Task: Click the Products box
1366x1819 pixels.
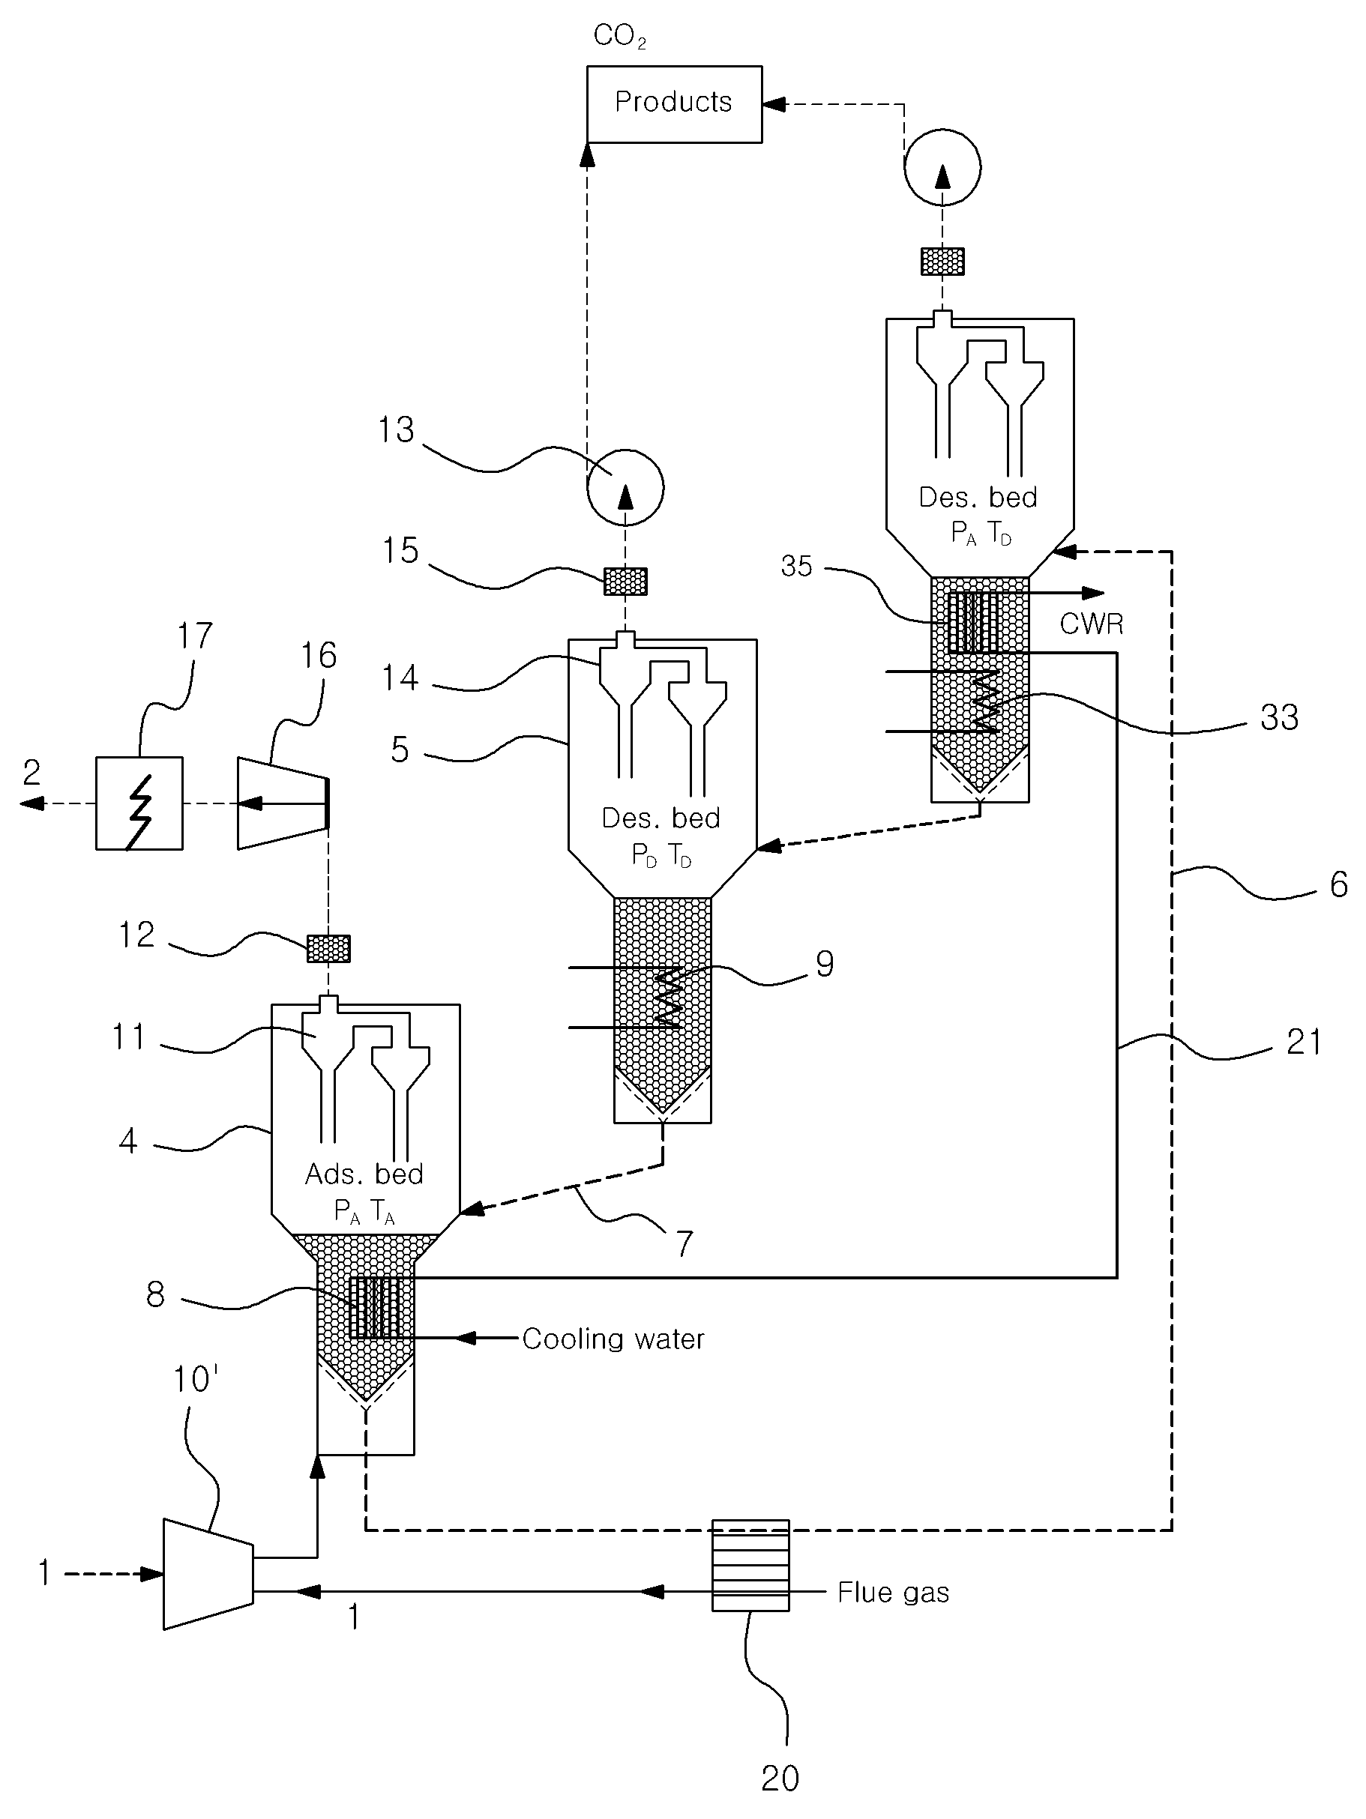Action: click(x=674, y=104)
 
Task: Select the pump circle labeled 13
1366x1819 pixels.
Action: click(x=625, y=488)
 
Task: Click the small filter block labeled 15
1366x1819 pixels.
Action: click(x=626, y=582)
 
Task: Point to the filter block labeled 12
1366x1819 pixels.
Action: click(x=328, y=948)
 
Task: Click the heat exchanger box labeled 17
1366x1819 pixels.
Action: click(x=139, y=803)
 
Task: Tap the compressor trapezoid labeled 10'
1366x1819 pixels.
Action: click(x=208, y=1574)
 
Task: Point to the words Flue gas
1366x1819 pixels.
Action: click(x=893, y=1593)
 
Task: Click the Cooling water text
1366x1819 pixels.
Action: click(x=613, y=1339)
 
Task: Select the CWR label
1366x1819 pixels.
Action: click(x=1092, y=624)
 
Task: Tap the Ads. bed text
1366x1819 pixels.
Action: click(x=364, y=1174)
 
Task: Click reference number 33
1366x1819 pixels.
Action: click(x=1279, y=717)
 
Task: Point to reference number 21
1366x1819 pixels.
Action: click(x=1304, y=1042)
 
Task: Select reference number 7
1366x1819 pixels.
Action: click(x=684, y=1243)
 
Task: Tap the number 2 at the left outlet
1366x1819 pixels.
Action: click(x=31, y=772)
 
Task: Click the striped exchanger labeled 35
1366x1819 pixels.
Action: click(x=973, y=623)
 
